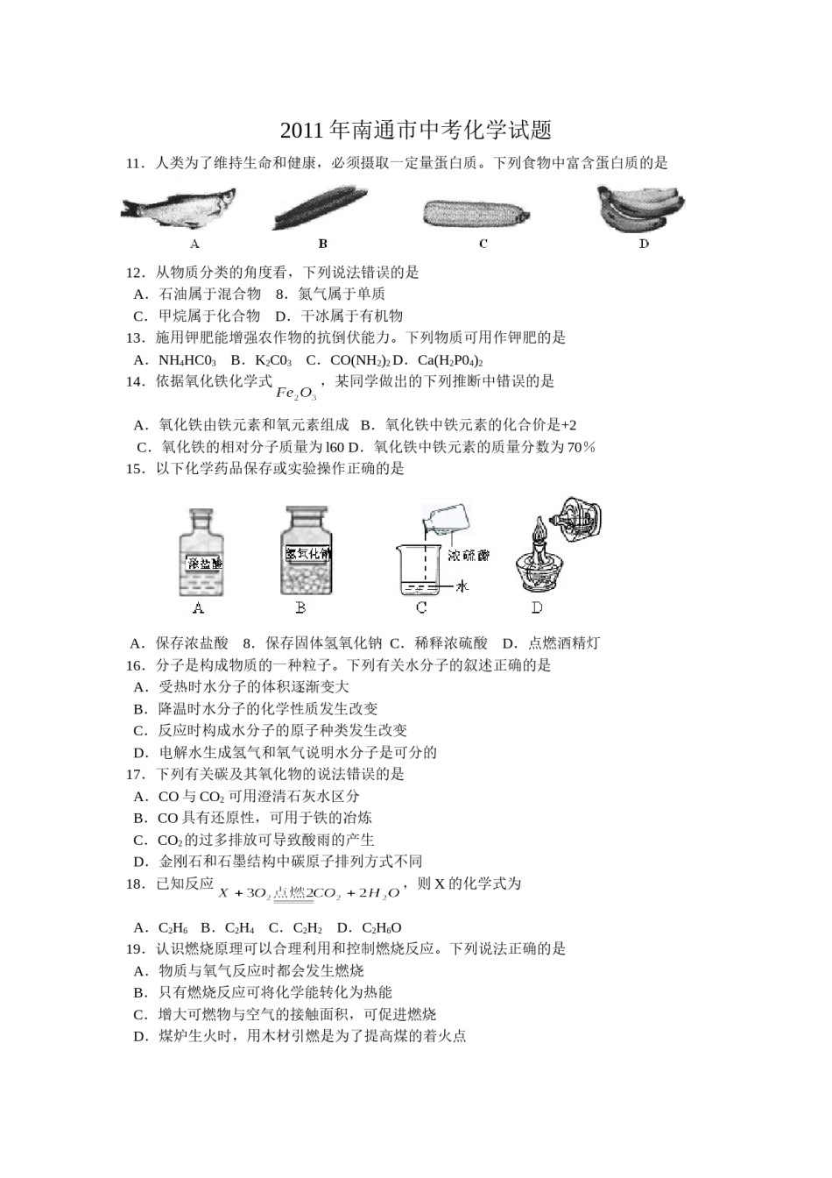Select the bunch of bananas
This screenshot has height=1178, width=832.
pos(640,209)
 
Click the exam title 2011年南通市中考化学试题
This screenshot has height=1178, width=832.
pos(416,131)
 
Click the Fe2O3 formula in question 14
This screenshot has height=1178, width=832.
pos(296,392)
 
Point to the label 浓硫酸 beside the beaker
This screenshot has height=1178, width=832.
pos(469,555)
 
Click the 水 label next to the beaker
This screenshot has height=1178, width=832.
pos(462,586)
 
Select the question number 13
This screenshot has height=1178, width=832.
pos(135,337)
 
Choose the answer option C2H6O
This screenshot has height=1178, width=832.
pos(381,927)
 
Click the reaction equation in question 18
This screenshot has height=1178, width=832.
pos(308,893)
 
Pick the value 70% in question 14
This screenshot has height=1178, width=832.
pos(581,447)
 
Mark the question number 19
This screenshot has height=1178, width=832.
pos(135,948)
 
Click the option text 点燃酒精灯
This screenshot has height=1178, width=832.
pos(564,643)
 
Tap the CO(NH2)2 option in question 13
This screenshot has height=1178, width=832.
pos(360,360)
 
